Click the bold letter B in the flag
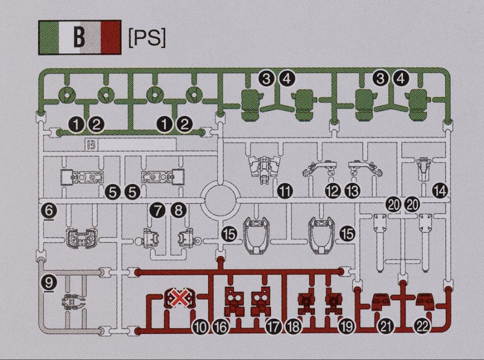[x=79, y=37]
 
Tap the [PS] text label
[x=147, y=38]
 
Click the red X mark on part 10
[x=179, y=298]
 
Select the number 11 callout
[x=285, y=192]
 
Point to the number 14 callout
[x=440, y=191]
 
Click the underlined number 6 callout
[x=49, y=212]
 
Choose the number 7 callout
[x=158, y=211]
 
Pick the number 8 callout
[x=179, y=211]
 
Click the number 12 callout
[x=332, y=192]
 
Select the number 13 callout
[x=352, y=192]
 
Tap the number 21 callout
[x=386, y=326]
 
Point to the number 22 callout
[x=422, y=326]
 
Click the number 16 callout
[x=220, y=327]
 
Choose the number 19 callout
[x=346, y=327]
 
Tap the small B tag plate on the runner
[x=91, y=145]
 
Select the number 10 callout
[x=201, y=327]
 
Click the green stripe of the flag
[x=49, y=37]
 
